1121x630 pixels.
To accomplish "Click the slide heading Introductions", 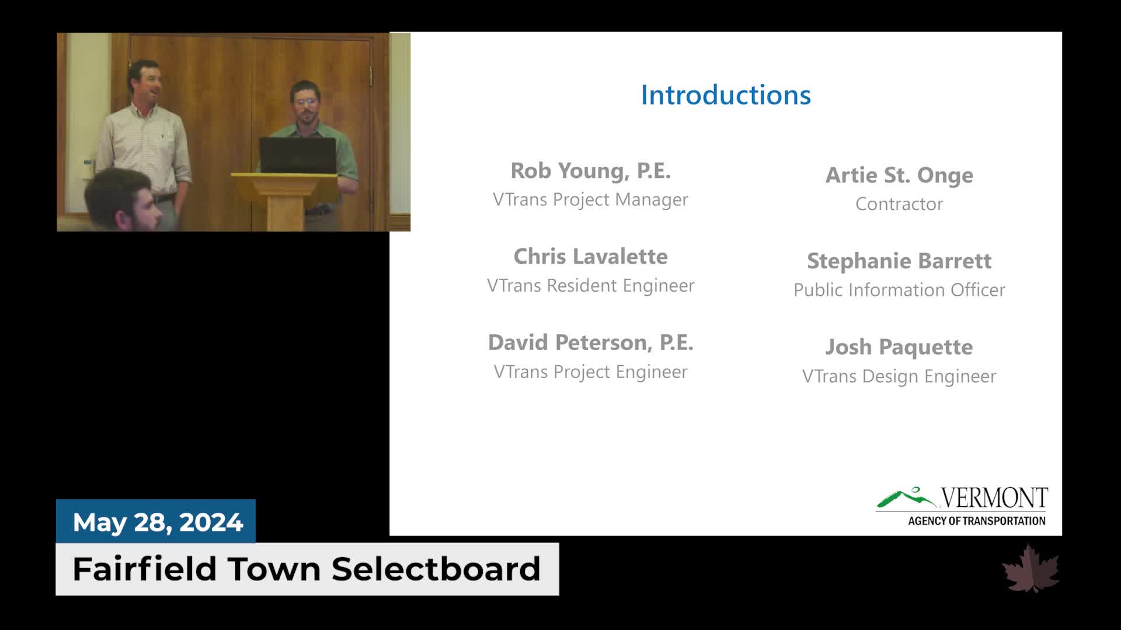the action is coord(726,95).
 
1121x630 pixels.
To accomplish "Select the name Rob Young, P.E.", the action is coord(590,171).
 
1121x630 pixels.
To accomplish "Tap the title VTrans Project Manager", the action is coord(590,199).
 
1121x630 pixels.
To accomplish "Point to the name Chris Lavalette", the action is coord(590,256).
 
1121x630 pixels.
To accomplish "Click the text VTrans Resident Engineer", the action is coord(590,285).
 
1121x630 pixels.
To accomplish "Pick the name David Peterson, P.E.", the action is coord(590,342).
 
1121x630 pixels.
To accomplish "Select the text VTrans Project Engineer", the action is coord(590,372).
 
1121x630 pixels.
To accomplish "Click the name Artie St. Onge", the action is coord(899,175).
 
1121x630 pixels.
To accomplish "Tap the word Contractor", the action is coord(899,204).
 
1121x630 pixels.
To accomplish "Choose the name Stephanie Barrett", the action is coord(899,261).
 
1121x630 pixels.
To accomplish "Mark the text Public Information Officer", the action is coord(899,290).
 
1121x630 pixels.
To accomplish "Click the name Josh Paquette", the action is coord(899,347).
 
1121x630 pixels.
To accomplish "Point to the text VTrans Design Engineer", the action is coord(899,376).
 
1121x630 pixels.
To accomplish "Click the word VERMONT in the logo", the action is coord(994,498).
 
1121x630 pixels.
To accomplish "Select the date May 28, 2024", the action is coord(158,522).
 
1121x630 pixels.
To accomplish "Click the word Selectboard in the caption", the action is coord(436,569).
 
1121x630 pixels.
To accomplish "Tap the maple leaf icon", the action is coord(1031,568).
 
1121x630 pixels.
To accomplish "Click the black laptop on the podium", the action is coord(298,156).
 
